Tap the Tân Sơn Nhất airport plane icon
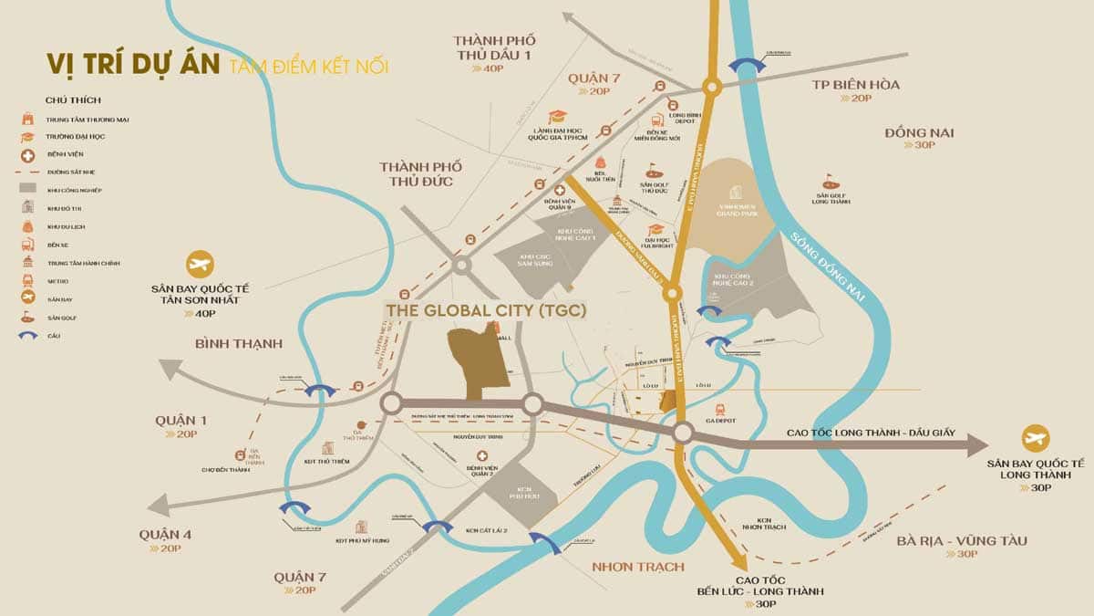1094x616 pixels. point(199,266)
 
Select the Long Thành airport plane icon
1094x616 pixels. point(1035,438)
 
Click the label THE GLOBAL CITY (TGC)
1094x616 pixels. point(486,310)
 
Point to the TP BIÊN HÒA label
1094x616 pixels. point(855,85)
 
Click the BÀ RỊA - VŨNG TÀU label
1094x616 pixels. point(961,541)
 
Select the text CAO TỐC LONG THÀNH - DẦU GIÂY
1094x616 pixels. point(870,432)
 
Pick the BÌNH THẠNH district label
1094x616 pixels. point(239,343)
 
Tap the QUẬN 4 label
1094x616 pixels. point(165,535)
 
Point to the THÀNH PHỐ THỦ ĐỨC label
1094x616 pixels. point(421,174)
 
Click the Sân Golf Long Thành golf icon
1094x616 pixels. point(830,181)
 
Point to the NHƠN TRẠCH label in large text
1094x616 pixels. point(637,567)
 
